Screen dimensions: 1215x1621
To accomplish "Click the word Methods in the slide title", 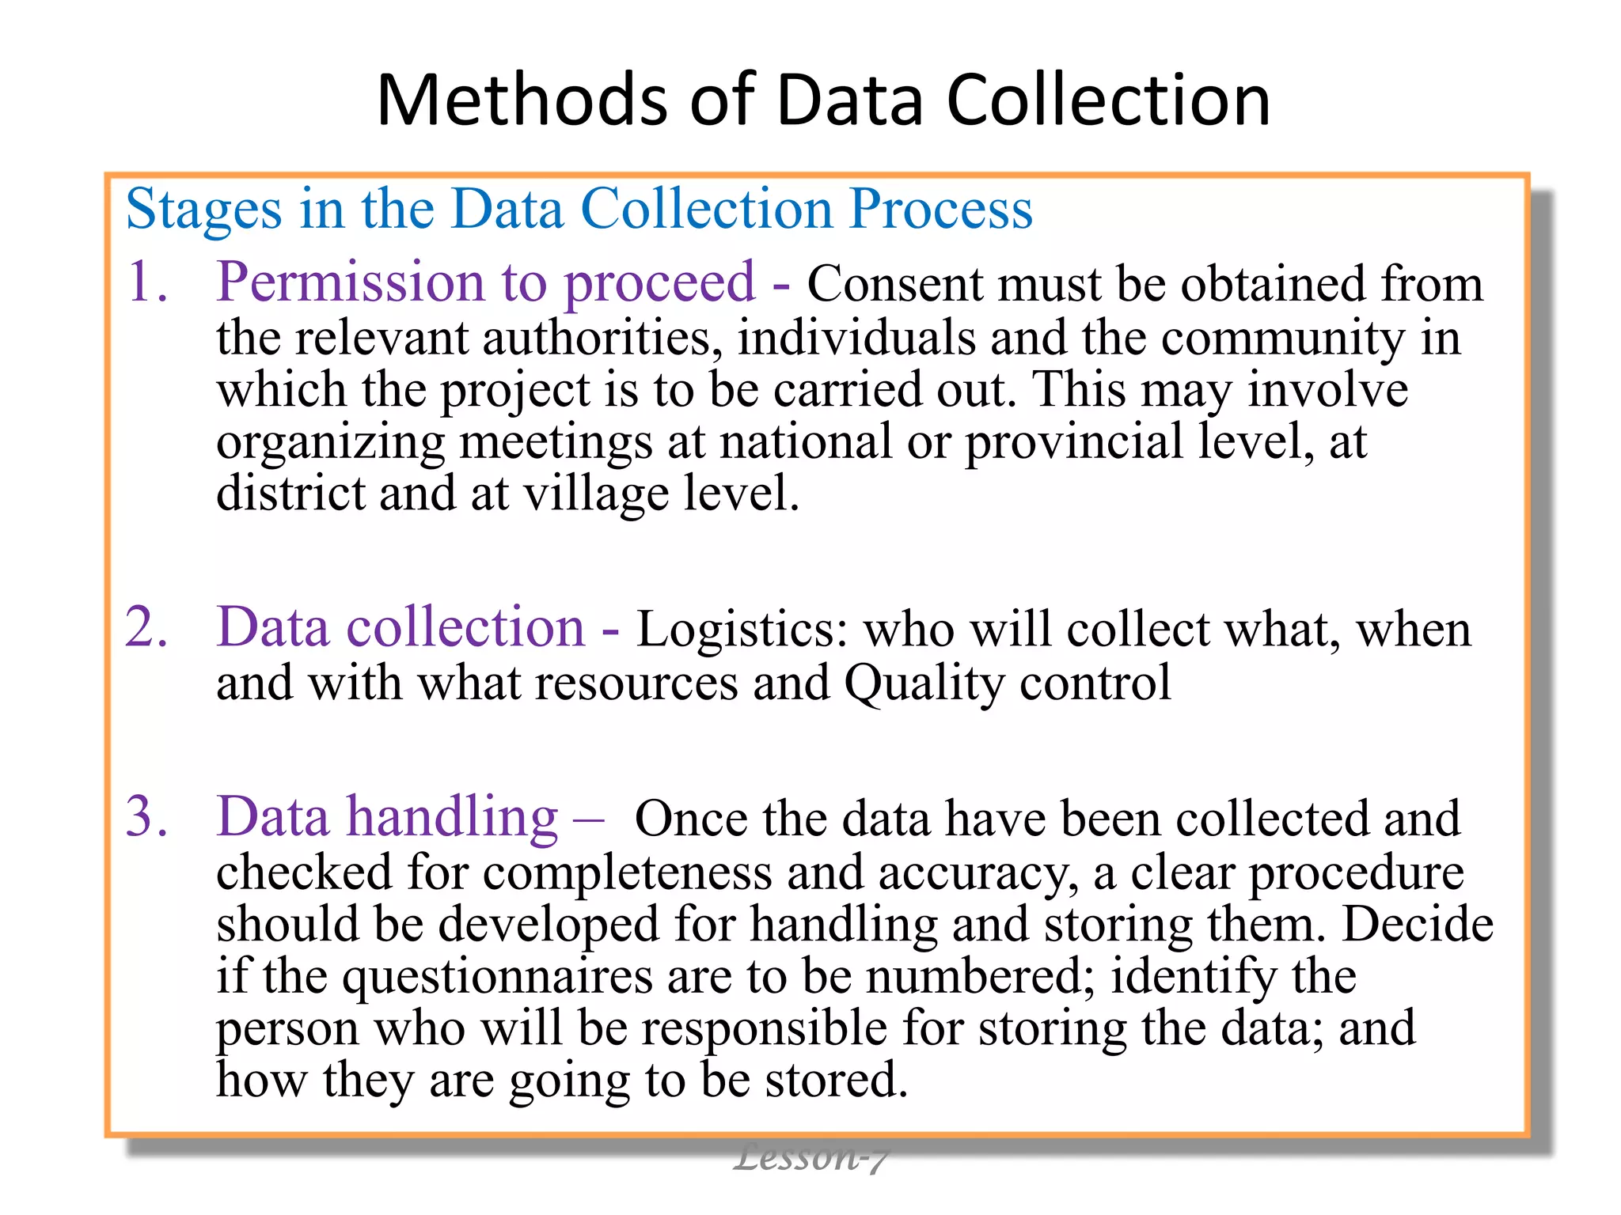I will point(522,100).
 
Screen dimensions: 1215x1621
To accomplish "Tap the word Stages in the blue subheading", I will point(203,210).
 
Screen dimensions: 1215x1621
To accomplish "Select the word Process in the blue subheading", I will point(941,209).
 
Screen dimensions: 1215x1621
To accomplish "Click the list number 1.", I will point(147,282).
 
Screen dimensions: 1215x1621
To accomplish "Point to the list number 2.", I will point(147,627).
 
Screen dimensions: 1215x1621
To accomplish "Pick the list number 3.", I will point(147,816).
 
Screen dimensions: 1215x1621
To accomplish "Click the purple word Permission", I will point(349,282).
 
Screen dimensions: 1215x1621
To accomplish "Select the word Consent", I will point(894,284).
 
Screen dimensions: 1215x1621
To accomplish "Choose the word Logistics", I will point(742,630).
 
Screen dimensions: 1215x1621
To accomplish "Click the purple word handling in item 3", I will point(454,816).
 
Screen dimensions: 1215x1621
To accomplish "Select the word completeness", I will point(628,873).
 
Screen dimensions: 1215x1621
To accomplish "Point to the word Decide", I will point(1417,925).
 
